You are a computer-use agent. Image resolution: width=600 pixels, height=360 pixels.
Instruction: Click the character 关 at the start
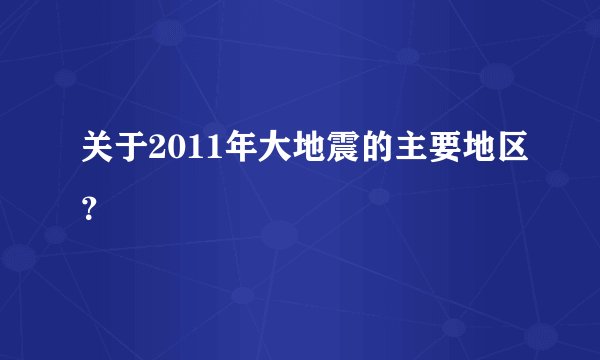point(97,155)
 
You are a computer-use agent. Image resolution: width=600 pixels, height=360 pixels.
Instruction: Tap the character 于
point(131,155)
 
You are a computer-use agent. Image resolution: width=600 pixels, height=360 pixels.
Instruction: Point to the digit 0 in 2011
point(174,155)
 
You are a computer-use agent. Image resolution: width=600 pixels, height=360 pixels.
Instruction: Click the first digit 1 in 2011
point(190,155)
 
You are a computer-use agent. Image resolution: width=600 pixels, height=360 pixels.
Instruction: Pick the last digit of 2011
point(205,155)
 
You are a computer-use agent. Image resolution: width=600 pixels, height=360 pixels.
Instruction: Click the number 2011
point(181,155)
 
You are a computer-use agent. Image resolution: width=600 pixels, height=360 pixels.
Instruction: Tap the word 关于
point(114,155)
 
